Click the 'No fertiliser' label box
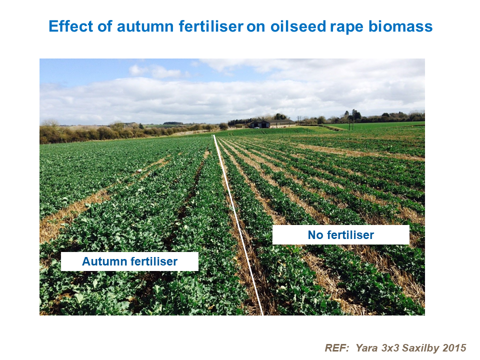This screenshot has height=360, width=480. [340, 234]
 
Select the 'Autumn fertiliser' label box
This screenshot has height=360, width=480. [129, 261]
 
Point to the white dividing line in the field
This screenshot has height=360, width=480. [239, 225]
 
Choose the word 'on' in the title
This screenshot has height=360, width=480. [255, 26]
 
